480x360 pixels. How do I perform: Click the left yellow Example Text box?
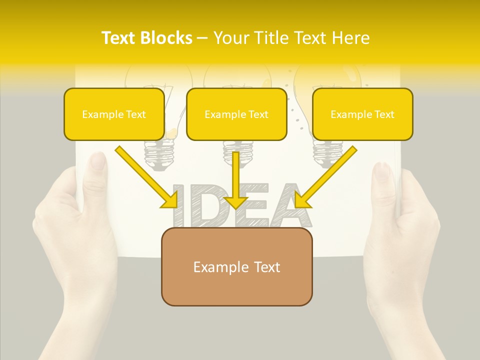point(114,114)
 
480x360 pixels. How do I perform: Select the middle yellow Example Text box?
point(236,114)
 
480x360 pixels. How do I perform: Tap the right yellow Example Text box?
point(362,114)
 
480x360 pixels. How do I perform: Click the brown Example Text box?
point(236,266)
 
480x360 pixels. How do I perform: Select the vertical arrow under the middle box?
point(235,180)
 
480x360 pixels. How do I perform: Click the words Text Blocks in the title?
point(147,38)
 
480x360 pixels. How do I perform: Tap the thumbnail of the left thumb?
point(98,161)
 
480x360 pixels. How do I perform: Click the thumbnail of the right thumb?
point(382,171)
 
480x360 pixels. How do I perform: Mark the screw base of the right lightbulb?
point(328,150)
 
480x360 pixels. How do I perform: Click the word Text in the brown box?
point(265,267)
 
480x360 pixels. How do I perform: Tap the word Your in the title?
point(231,38)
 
